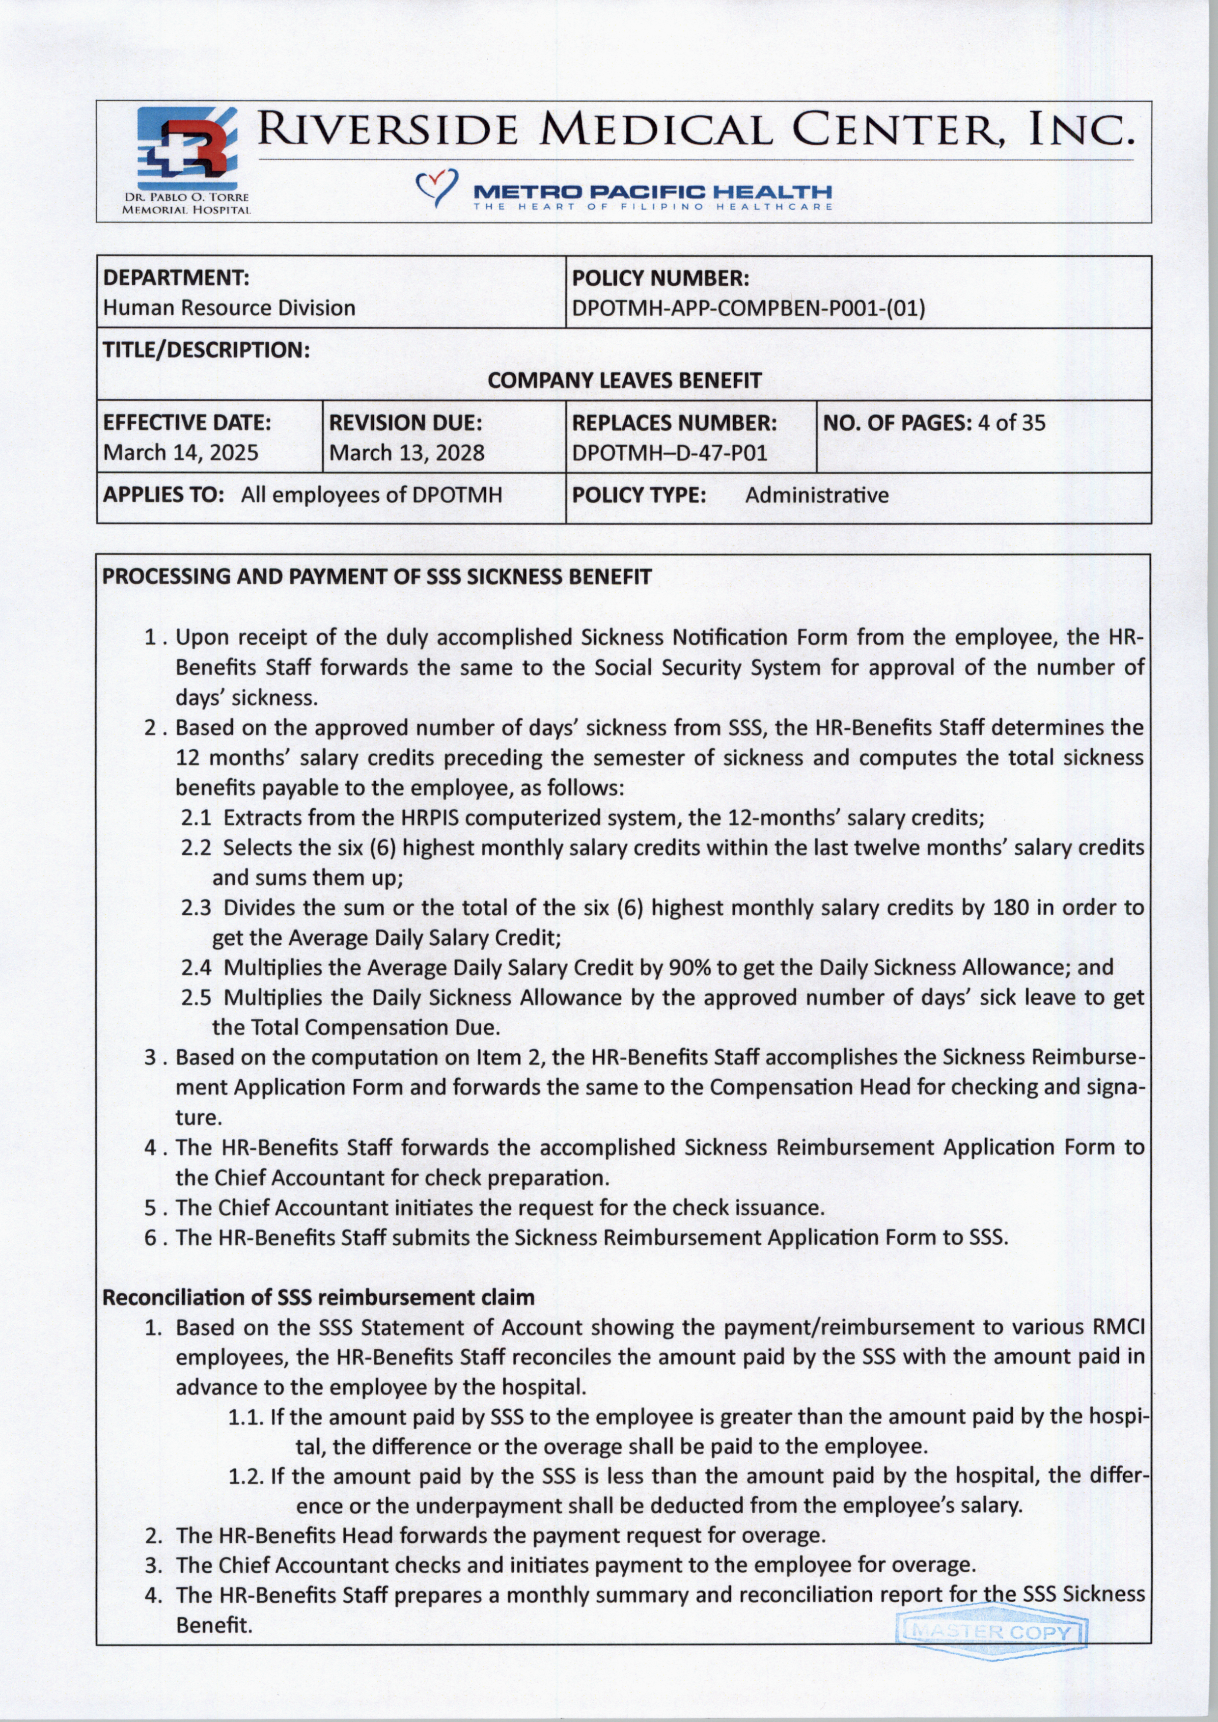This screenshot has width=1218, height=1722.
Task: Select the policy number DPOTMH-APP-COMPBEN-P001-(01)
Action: (748, 308)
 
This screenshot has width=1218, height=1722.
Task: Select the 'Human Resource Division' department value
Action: (229, 308)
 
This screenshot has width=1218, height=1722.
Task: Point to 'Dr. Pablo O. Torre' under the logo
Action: (186, 197)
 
